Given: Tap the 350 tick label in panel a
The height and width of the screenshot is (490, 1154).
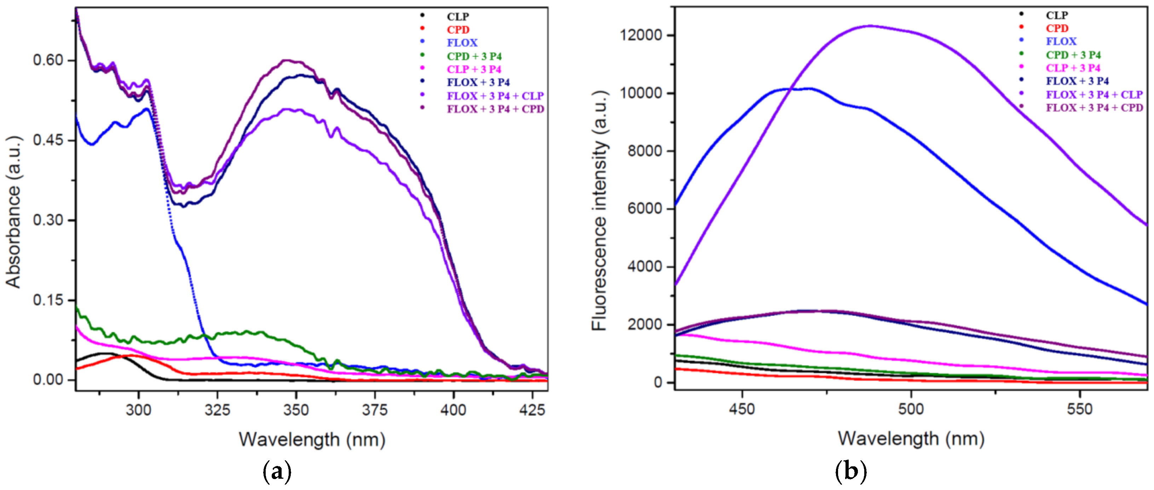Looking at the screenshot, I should tap(296, 409).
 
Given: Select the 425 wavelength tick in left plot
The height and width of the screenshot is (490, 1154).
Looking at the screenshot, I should tap(532, 409).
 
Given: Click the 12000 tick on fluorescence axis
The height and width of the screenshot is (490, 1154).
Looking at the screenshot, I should tap(641, 35).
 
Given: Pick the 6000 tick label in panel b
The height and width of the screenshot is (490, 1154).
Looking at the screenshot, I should tap(645, 208).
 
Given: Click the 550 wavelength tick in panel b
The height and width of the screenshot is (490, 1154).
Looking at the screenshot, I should tap(1080, 408).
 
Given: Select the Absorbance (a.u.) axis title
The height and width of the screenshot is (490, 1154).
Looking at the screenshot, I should tap(13, 211).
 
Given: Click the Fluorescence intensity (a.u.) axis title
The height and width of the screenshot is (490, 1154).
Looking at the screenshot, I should tap(599, 210).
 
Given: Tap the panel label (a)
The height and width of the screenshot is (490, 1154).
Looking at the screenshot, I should tap(277, 472).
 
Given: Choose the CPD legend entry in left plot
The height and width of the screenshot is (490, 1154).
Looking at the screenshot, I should tap(457, 30).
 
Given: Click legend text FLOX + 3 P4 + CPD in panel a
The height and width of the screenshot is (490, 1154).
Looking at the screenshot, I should tap(495, 109).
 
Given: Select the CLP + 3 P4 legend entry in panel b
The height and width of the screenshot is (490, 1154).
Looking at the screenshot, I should tap(1073, 68).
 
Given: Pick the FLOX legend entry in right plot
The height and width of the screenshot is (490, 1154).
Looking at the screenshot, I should tap(1061, 41).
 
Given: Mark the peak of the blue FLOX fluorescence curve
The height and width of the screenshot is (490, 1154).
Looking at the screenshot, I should tap(806, 89).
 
